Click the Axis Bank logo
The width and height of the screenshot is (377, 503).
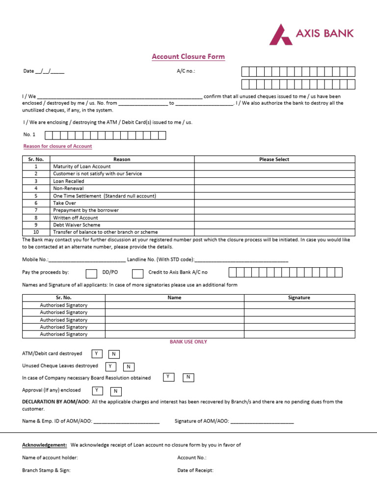click(x=311, y=34)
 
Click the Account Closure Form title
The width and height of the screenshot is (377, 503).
click(x=188, y=56)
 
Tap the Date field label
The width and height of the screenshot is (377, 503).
click(x=28, y=71)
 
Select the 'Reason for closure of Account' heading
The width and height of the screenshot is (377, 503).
click(x=57, y=146)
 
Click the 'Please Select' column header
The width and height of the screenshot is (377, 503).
click(x=274, y=159)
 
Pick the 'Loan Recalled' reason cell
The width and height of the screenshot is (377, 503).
click(x=69, y=181)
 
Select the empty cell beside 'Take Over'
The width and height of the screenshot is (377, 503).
click(x=274, y=203)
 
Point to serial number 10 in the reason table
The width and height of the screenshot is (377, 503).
click(x=36, y=232)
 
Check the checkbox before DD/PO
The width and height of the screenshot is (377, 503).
click(x=91, y=274)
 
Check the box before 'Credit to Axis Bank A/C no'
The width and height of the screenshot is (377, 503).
click(x=137, y=274)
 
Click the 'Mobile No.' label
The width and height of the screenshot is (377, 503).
click(x=35, y=259)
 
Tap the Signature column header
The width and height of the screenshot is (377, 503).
click(x=299, y=298)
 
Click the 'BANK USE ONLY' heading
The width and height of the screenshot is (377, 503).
click(x=188, y=342)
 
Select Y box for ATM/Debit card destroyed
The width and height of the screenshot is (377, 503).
click(x=97, y=354)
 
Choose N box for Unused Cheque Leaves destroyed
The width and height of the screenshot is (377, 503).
click(x=129, y=367)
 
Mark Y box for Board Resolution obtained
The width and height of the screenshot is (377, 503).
click(x=168, y=377)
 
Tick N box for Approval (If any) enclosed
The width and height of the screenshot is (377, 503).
click(x=116, y=391)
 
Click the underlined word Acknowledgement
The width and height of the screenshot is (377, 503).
click(x=45, y=445)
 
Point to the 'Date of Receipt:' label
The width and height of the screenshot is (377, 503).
click(x=195, y=470)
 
